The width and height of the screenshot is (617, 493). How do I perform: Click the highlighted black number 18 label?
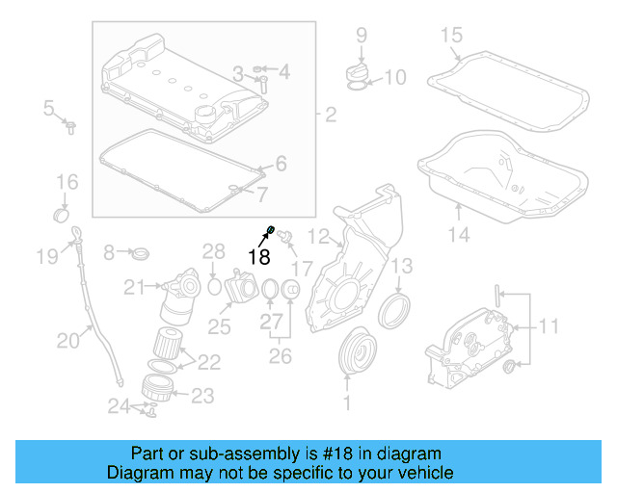coord(258,256)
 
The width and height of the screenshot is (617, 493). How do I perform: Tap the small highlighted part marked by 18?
coord(272,229)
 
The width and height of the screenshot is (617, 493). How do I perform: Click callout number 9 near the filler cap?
coord(362,36)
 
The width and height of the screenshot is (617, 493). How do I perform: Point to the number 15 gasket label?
coord(452,36)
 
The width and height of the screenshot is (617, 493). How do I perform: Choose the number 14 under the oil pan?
coord(459,234)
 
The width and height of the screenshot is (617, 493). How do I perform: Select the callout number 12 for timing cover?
coord(319,235)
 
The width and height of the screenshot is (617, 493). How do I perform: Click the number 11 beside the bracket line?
coord(548,327)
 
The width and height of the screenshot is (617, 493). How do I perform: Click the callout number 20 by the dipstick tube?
coord(67,339)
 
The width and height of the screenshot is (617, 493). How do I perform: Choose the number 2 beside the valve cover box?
coord(330,117)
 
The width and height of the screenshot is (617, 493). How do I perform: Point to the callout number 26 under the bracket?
coord(279,355)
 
